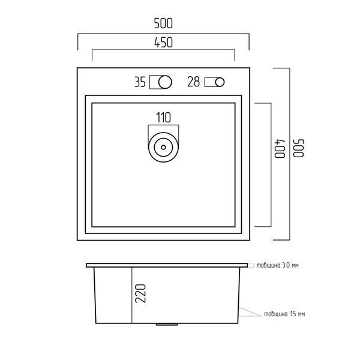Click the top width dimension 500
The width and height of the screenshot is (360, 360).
point(163,23)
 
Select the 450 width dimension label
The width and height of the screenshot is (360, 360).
point(163,43)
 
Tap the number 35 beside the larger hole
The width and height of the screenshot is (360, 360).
point(140,82)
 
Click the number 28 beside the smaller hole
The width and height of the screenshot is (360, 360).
point(194,82)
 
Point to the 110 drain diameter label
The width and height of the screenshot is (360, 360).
point(163,118)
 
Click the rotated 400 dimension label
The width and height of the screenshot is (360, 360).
point(280,148)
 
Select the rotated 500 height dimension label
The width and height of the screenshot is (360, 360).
point(299,148)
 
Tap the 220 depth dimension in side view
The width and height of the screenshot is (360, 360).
point(140,293)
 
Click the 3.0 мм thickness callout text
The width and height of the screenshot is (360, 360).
point(278,265)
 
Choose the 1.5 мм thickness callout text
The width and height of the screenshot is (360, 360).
point(284,314)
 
